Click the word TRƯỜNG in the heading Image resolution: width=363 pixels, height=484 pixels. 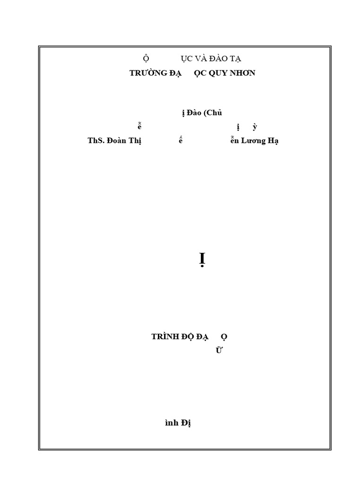tap(147, 73)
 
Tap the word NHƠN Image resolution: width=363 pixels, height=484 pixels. tap(243, 73)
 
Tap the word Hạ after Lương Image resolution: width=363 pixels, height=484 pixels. tap(273, 141)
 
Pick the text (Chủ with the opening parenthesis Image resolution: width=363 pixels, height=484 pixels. tap(212, 112)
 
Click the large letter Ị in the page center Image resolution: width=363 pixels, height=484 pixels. tap(202, 259)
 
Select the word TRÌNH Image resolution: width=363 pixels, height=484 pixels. tap(165, 337)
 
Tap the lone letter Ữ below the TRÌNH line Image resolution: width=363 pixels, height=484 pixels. tap(218, 350)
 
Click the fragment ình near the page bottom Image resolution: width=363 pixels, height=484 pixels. tap(171, 423)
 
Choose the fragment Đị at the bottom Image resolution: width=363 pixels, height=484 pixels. tap(185, 423)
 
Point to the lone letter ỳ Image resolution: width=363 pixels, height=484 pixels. tap(255, 127)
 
